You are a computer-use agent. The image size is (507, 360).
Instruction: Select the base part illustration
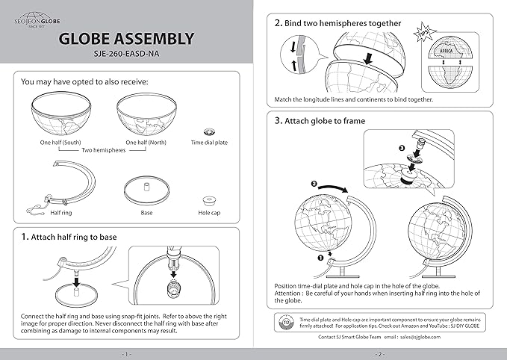click(146, 187)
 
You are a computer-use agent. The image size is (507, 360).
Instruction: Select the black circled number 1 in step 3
click(301, 257)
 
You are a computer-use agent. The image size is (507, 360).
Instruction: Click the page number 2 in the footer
click(380, 353)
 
